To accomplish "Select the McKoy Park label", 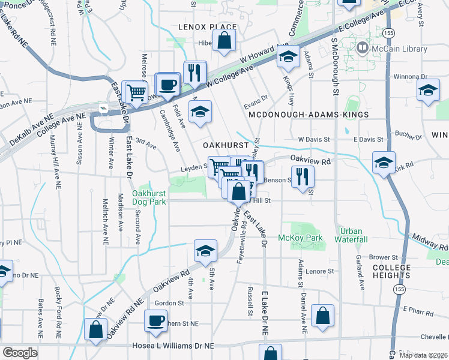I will pyautogui.click(x=300, y=238).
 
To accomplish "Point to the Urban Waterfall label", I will pyautogui.click(x=352, y=235).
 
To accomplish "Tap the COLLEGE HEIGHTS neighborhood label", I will pyautogui.click(x=391, y=271).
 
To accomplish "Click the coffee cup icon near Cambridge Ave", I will pyautogui.click(x=167, y=85).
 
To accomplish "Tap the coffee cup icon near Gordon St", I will pyautogui.click(x=156, y=320).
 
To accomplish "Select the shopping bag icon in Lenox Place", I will pyautogui.click(x=224, y=41).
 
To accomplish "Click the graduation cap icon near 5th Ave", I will pyautogui.click(x=205, y=251).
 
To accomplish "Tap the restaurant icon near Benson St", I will pyautogui.click(x=303, y=176).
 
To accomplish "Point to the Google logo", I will pyautogui.click(x=20, y=353).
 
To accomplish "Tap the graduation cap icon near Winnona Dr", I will pyautogui.click(x=428, y=91).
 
